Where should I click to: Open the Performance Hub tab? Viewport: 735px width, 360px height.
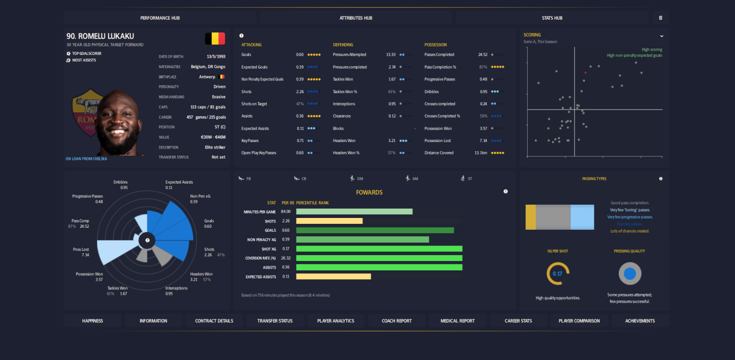(160, 18)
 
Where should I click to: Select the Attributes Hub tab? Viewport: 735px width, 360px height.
(356, 18)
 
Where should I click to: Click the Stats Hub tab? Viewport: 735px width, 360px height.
(552, 18)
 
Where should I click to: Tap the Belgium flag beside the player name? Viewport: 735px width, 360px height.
(215, 38)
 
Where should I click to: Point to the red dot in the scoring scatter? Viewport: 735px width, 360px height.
(585, 73)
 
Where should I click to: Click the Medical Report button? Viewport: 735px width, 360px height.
(457, 321)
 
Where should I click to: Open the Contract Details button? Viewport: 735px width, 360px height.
(214, 321)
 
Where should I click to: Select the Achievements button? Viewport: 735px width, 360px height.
(639, 321)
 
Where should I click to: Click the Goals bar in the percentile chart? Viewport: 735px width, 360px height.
(375, 230)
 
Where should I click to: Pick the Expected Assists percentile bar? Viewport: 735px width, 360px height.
(333, 277)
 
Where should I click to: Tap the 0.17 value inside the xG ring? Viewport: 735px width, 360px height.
(557, 274)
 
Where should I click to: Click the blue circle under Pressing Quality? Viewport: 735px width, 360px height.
(630, 274)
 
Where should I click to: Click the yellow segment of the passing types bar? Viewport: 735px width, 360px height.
(531, 217)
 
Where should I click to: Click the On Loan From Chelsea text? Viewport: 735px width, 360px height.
(86, 159)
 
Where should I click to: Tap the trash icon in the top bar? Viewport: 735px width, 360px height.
(660, 18)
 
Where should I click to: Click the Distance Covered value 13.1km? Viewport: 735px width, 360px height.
(481, 153)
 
